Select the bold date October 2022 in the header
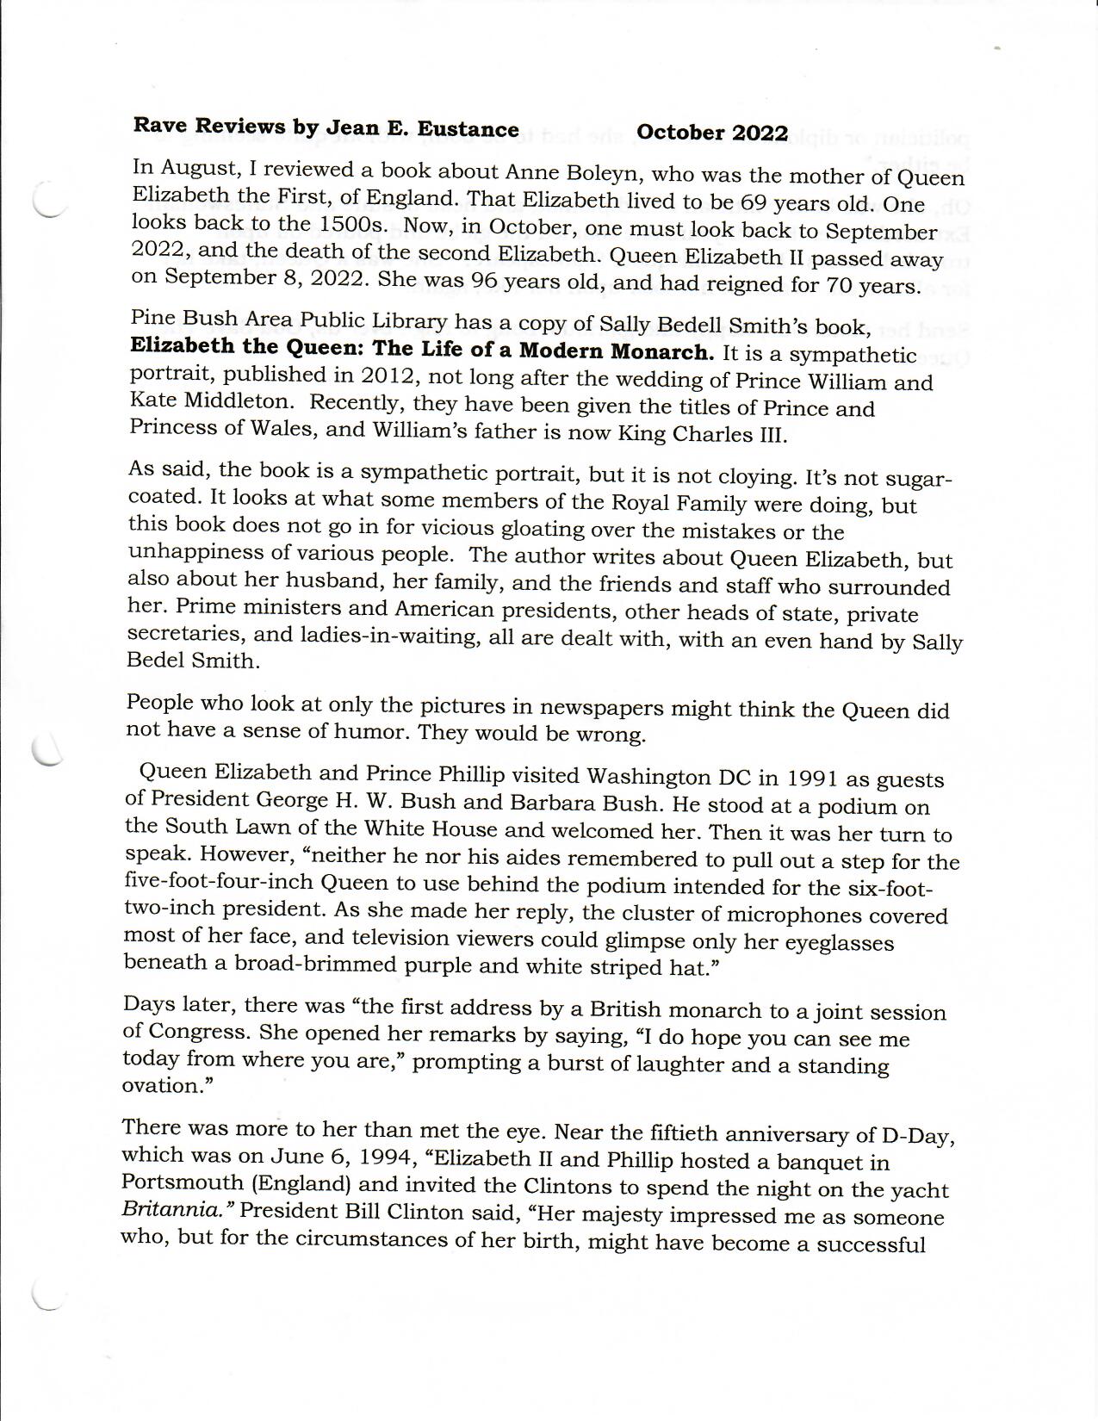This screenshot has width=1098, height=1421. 712,133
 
